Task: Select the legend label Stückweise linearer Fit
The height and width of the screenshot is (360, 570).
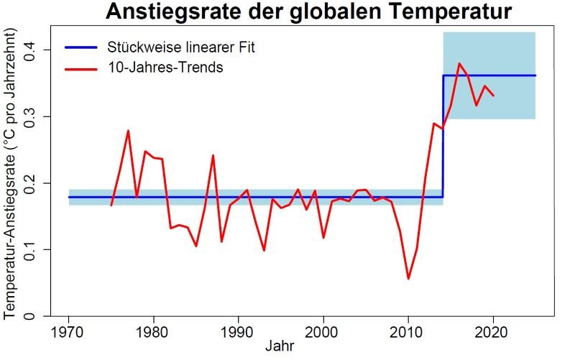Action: pos(181,48)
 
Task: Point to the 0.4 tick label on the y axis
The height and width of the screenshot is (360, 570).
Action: pos(32,50)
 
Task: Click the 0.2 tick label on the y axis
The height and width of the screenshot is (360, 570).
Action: pos(32,183)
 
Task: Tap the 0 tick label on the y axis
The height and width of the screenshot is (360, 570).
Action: pos(32,316)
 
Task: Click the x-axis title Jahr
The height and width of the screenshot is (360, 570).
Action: pos(278,346)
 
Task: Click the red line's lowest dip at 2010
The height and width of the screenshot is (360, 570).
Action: pos(408,278)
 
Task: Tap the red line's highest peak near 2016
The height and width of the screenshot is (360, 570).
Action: pos(459,64)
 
